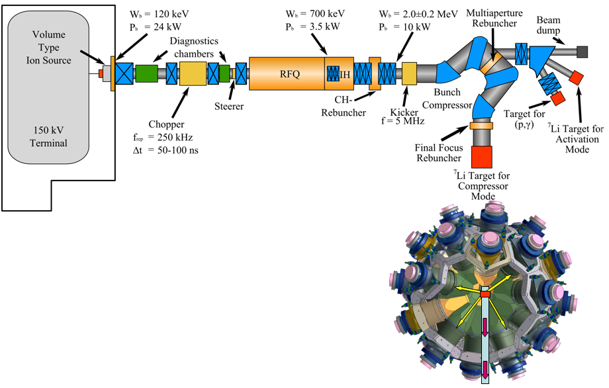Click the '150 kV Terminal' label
(x=53, y=136)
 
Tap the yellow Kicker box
(x=408, y=72)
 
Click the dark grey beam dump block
(x=583, y=51)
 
